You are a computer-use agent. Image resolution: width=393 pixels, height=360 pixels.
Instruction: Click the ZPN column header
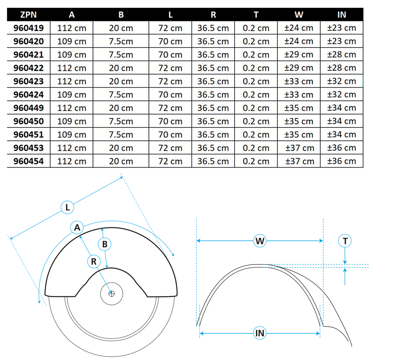[x=28, y=15]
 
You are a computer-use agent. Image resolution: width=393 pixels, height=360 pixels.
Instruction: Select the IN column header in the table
[x=341, y=15]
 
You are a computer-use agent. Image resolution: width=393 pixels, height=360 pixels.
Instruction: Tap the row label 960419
[x=28, y=28]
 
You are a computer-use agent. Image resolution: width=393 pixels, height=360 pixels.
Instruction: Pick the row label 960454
[x=28, y=161]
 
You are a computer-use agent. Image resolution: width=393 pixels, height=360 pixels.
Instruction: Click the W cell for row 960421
[x=299, y=55]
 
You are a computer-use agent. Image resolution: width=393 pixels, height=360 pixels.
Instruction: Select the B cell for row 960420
[x=121, y=41]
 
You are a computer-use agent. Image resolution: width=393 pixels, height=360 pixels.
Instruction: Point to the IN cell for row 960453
[x=341, y=148]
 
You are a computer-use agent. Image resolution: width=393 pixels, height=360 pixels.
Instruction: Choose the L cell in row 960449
[x=170, y=108]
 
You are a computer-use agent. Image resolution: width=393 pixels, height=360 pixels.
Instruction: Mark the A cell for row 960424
[x=72, y=94]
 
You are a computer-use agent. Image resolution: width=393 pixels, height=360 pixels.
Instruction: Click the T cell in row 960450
[x=256, y=121]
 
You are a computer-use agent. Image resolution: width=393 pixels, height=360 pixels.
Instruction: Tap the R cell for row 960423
[x=213, y=81]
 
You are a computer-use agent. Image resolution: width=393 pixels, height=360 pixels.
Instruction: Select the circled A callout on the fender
[x=77, y=227]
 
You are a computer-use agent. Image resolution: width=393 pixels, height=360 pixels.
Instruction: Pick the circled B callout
[x=105, y=244]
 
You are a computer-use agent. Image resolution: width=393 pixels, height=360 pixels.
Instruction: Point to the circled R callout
[x=94, y=262]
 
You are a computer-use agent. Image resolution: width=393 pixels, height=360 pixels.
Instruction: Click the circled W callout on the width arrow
[x=260, y=241]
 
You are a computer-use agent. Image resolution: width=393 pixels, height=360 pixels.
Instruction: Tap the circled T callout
[x=345, y=241]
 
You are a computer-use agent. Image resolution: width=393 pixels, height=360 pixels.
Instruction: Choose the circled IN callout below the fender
[x=260, y=333]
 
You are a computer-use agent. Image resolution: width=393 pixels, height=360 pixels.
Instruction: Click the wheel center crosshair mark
[x=111, y=294]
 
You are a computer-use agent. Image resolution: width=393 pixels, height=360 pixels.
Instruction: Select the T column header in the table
[x=256, y=15]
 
